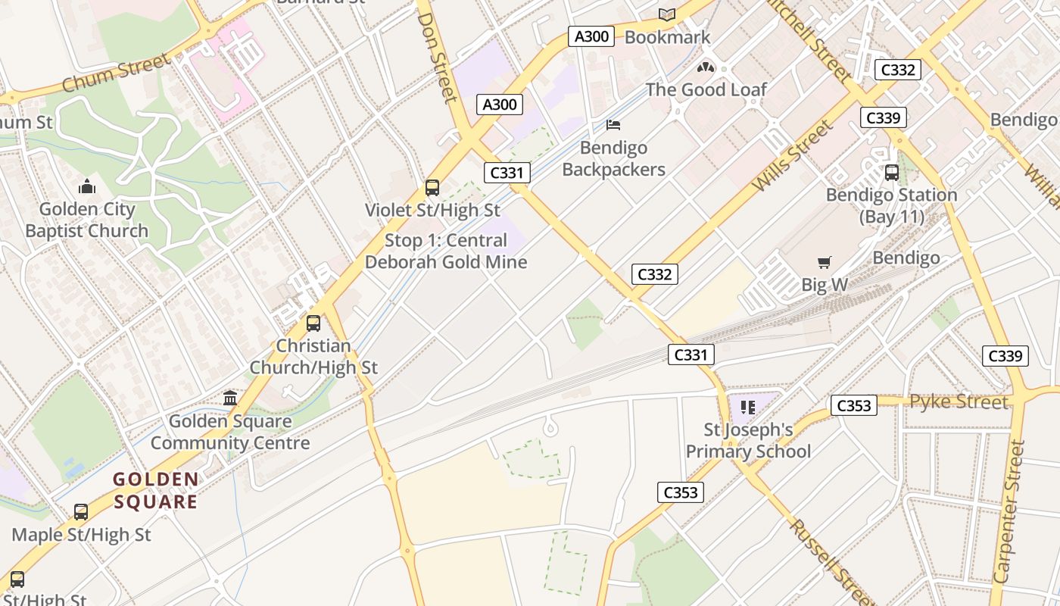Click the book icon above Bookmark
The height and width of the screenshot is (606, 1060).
tap(666, 14)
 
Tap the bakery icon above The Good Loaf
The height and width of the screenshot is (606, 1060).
tap(706, 67)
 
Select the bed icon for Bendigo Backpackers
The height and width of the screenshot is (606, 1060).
tap(613, 125)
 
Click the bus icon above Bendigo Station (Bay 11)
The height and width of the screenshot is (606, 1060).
tap(891, 173)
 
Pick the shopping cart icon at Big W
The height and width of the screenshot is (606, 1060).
tap(825, 263)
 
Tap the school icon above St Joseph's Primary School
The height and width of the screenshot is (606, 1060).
tap(748, 408)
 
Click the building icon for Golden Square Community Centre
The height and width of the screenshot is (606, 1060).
tap(230, 398)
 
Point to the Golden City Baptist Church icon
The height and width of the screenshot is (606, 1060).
tap(86, 186)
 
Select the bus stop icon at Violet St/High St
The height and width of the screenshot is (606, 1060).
tap(432, 188)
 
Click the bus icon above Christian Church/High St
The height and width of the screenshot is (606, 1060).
tap(313, 323)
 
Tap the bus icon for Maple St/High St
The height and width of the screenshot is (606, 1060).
tap(81, 512)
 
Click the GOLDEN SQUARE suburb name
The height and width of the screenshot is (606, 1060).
tap(156, 490)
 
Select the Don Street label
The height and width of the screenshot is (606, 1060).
tap(438, 57)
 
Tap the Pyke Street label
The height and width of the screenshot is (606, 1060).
tap(959, 401)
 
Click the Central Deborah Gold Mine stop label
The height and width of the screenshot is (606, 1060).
tap(446, 251)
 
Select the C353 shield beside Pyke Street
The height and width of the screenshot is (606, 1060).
tap(853, 406)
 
